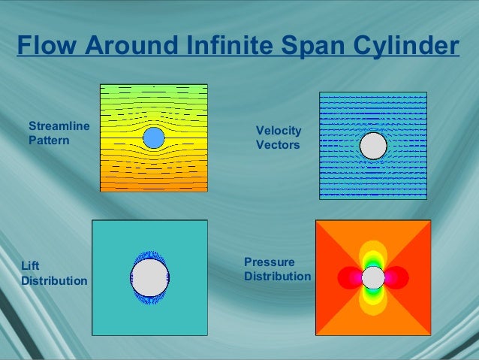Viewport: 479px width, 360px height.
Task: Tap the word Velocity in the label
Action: tap(279, 131)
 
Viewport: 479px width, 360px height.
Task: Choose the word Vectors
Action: tap(278, 145)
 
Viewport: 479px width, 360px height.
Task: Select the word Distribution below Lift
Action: tap(54, 281)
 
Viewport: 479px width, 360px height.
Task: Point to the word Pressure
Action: tap(270, 262)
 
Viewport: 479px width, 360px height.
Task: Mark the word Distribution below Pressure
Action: tap(277, 276)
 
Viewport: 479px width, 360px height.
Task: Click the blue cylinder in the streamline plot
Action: tap(153, 138)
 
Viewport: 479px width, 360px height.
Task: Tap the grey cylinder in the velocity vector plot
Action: tap(373, 146)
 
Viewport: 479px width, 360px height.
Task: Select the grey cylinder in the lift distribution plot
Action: tap(149, 277)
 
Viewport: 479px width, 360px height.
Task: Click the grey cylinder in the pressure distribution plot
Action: tap(373, 277)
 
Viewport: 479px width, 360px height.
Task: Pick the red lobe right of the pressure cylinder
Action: tap(398, 277)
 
